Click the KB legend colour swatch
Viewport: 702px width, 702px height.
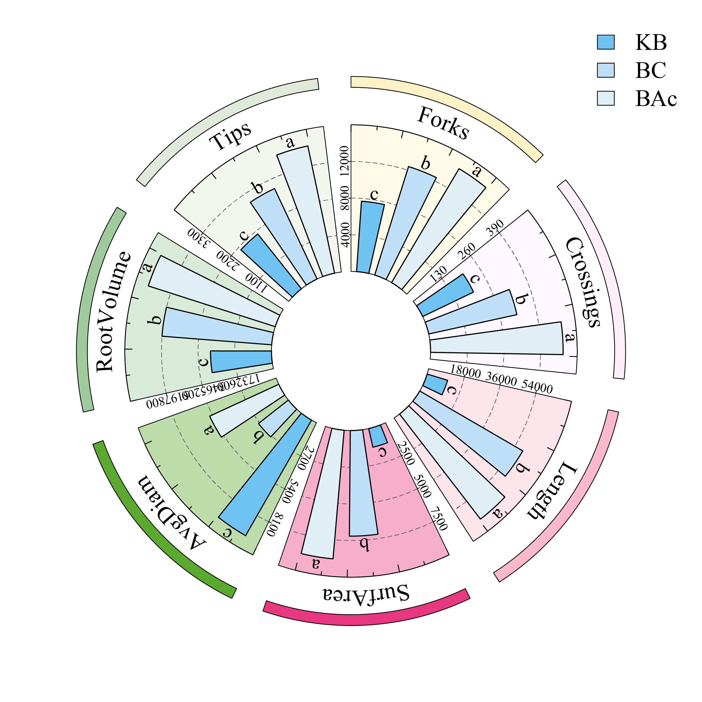tap(606, 42)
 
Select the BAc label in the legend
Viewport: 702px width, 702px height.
tap(656, 99)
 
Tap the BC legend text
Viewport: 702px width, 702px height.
tap(651, 70)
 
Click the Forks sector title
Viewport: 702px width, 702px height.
tap(443, 123)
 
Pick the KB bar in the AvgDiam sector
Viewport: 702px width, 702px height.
tap(264, 476)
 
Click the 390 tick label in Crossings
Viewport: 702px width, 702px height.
tap(495, 228)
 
